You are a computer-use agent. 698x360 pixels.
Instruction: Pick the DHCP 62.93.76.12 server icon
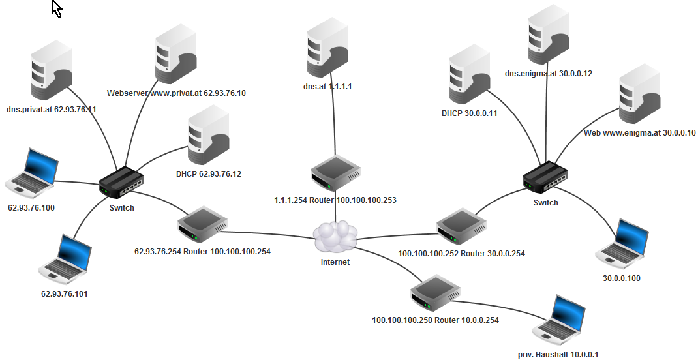[x=207, y=139]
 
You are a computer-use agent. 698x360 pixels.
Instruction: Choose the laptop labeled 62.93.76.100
[x=29, y=172]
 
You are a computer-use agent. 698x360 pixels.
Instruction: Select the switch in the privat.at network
[x=121, y=182]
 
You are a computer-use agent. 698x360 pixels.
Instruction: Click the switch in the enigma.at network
[x=545, y=175]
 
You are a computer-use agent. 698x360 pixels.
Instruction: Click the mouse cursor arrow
[x=57, y=8]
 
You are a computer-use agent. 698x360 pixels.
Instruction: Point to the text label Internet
[x=335, y=262]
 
